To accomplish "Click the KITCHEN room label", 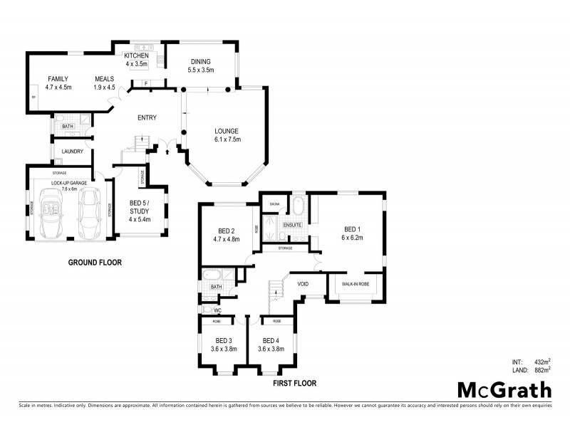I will [x=136, y=56].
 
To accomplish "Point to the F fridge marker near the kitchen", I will [x=145, y=84].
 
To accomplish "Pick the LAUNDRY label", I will [x=73, y=152].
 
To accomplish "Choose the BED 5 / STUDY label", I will [x=140, y=211].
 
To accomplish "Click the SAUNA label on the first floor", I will [x=274, y=205].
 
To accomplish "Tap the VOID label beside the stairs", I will [x=302, y=284].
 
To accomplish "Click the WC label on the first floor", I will [x=217, y=310].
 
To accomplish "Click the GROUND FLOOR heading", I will [x=95, y=263].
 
